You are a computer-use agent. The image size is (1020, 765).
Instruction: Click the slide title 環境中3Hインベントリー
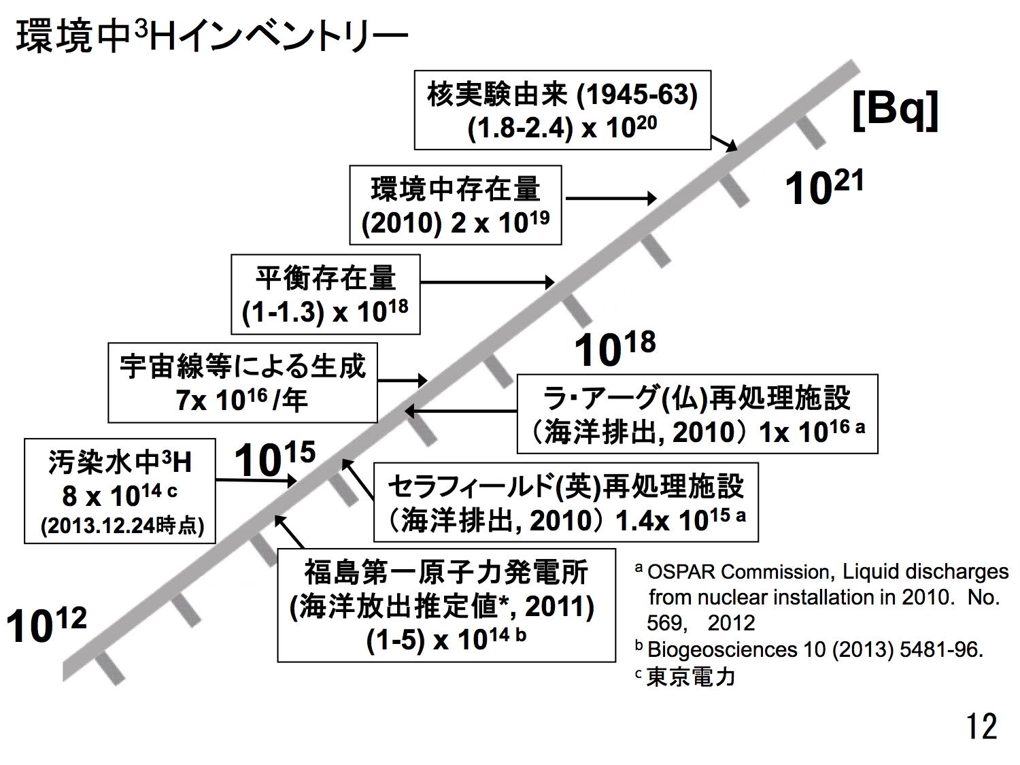tap(211, 36)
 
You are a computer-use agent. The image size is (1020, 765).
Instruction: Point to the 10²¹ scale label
tap(823, 187)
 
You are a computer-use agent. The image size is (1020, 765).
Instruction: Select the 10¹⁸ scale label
tap(615, 349)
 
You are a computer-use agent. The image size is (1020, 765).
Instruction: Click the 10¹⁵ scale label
tap(275, 459)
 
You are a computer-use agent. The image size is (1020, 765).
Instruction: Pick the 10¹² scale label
tap(46, 624)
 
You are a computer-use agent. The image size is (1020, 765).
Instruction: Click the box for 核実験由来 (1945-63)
tap(562, 110)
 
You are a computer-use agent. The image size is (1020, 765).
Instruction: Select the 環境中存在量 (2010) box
tap(455, 205)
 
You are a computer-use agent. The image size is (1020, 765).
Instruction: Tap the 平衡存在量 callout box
tap(325, 294)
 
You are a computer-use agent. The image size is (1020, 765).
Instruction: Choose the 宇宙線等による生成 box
tap(242, 383)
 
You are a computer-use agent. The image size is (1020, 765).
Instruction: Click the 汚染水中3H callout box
tap(120, 491)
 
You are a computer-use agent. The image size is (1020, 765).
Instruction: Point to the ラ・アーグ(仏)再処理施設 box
tap(697, 414)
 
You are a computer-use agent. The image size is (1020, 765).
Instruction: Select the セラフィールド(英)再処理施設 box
tap(566, 503)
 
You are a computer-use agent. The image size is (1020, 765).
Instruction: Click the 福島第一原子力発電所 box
tap(446, 605)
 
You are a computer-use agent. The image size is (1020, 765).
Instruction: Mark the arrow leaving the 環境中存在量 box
tap(610, 199)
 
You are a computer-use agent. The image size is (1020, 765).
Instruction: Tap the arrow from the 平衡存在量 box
tap(487, 282)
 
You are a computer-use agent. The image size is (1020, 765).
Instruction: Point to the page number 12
tap(981, 726)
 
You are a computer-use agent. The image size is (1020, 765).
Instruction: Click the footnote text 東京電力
tap(691, 677)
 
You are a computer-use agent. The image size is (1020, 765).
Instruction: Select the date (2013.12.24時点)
tap(122, 526)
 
